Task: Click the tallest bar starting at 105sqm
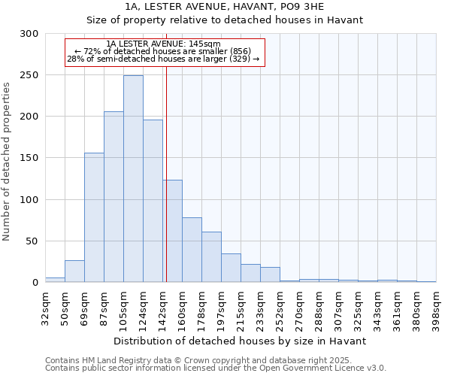(133, 179)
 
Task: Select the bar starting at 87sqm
(114, 197)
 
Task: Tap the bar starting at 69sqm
(94, 217)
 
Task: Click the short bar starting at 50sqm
(74, 271)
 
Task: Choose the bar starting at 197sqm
(231, 268)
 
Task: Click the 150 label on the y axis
(29, 159)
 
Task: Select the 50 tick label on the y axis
(32, 241)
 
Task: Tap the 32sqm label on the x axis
(46, 306)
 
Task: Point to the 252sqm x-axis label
(280, 306)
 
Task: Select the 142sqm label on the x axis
(163, 306)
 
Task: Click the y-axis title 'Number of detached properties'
(7, 162)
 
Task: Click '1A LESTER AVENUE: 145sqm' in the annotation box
(164, 44)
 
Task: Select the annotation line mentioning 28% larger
(164, 59)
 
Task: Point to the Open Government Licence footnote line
(216, 368)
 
